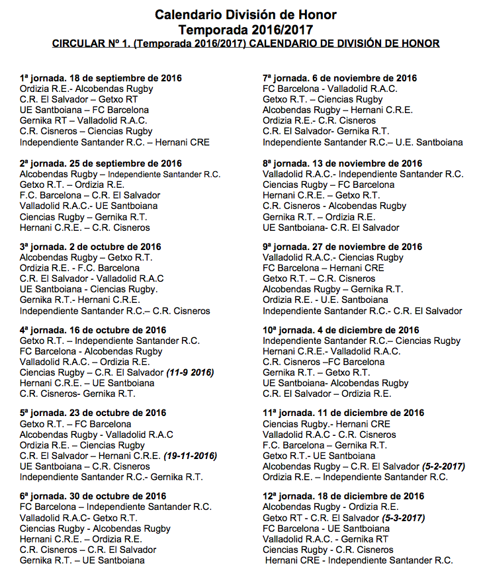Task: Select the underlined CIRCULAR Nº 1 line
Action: (x=245, y=44)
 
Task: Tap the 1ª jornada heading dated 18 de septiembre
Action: (x=101, y=78)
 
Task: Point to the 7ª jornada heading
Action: (x=339, y=78)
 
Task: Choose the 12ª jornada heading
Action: (x=343, y=496)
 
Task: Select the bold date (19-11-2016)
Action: (x=191, y=456)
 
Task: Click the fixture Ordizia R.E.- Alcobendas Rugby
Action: (x=87, y=89)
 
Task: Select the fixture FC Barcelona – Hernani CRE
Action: (x=323, y=268)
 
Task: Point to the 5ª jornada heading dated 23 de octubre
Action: (x=92, y=413)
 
